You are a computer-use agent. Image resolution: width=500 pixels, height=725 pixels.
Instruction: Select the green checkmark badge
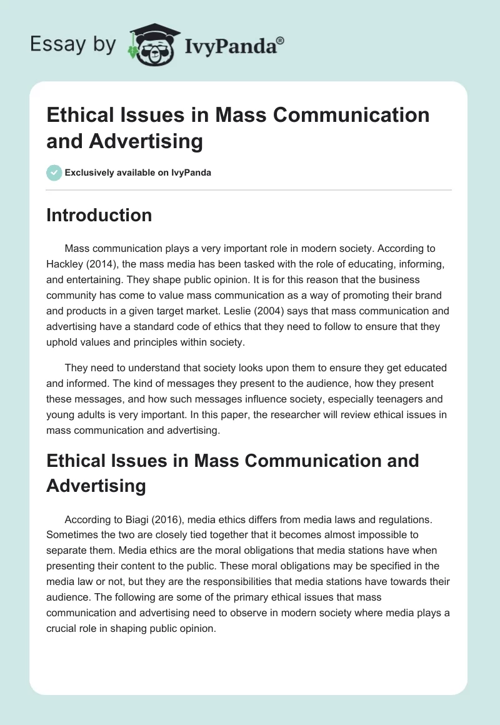click(x=54, y=172)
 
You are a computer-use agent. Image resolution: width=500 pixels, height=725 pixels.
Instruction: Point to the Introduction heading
click(x=99, y=215)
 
